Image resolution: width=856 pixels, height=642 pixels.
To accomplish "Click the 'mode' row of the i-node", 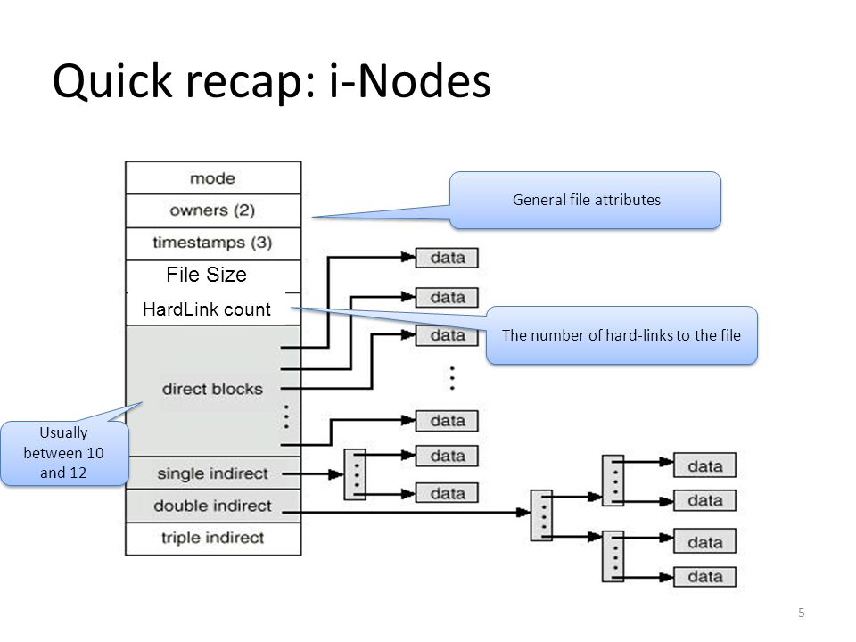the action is pos(213,178).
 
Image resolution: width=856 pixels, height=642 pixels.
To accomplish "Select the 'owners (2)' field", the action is pos(213,210).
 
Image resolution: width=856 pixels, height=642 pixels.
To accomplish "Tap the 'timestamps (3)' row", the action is pos(213,243).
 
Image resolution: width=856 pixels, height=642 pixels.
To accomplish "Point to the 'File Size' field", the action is pos(213,276).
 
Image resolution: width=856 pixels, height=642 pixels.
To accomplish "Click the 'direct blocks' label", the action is pos(212,389).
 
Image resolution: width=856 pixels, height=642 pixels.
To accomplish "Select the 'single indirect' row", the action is pos(213,473).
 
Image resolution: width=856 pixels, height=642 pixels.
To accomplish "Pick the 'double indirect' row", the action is pos(213,506).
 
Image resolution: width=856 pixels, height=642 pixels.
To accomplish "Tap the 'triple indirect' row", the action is pos(213,539).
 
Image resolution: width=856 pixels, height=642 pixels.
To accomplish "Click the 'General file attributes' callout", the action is pos(585,200).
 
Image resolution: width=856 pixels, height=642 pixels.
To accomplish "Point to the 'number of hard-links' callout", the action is pos(621,335).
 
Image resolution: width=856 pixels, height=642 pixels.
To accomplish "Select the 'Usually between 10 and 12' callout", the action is pos(64,453).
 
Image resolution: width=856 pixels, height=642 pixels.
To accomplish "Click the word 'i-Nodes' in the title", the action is pos(409,81).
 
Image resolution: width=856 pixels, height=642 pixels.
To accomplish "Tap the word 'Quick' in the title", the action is pos(112,81).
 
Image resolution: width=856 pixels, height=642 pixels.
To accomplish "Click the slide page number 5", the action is pos(802,613).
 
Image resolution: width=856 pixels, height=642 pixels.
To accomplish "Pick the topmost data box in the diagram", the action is pos(447,258).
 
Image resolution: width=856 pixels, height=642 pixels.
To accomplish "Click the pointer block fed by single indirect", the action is pos(355,474).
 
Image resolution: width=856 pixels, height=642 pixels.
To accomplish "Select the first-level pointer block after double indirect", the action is pos(541,515).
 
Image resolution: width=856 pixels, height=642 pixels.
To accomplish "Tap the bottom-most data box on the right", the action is pos(704,577).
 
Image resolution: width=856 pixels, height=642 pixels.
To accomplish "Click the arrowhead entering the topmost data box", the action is pos(408,257).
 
